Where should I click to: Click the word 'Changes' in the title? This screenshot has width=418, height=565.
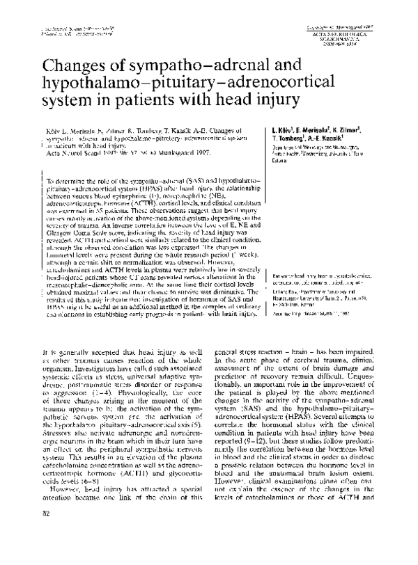point(72,70)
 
